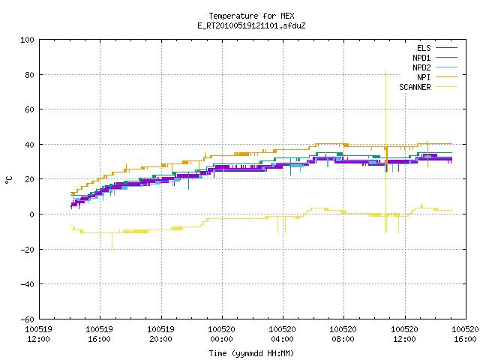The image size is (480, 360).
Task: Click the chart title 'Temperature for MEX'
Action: [x=251, y=16]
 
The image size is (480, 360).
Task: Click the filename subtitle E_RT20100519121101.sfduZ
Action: [x=251, y=25]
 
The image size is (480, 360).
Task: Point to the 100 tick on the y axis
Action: [x=27, y=40]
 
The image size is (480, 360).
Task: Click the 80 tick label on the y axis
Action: [x=30, y=75]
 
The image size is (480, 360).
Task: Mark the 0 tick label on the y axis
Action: [x=31, y=214]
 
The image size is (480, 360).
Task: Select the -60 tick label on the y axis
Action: [x=27, y=319]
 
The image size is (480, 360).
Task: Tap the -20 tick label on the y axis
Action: [x=27, y=250]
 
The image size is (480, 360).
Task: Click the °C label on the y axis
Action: [x=8, y=180]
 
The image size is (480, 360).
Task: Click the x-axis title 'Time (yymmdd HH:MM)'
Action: [x=251, y=353]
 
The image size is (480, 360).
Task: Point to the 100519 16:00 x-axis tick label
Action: [x=100, y=334]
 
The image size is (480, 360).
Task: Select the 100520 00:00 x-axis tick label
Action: [x=222, y=334]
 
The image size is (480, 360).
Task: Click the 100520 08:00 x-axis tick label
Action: [x=343, y=334]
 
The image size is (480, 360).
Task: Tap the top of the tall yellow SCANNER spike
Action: [x=385, y=71]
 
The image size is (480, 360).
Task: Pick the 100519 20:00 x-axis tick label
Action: [x=161, y=334]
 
